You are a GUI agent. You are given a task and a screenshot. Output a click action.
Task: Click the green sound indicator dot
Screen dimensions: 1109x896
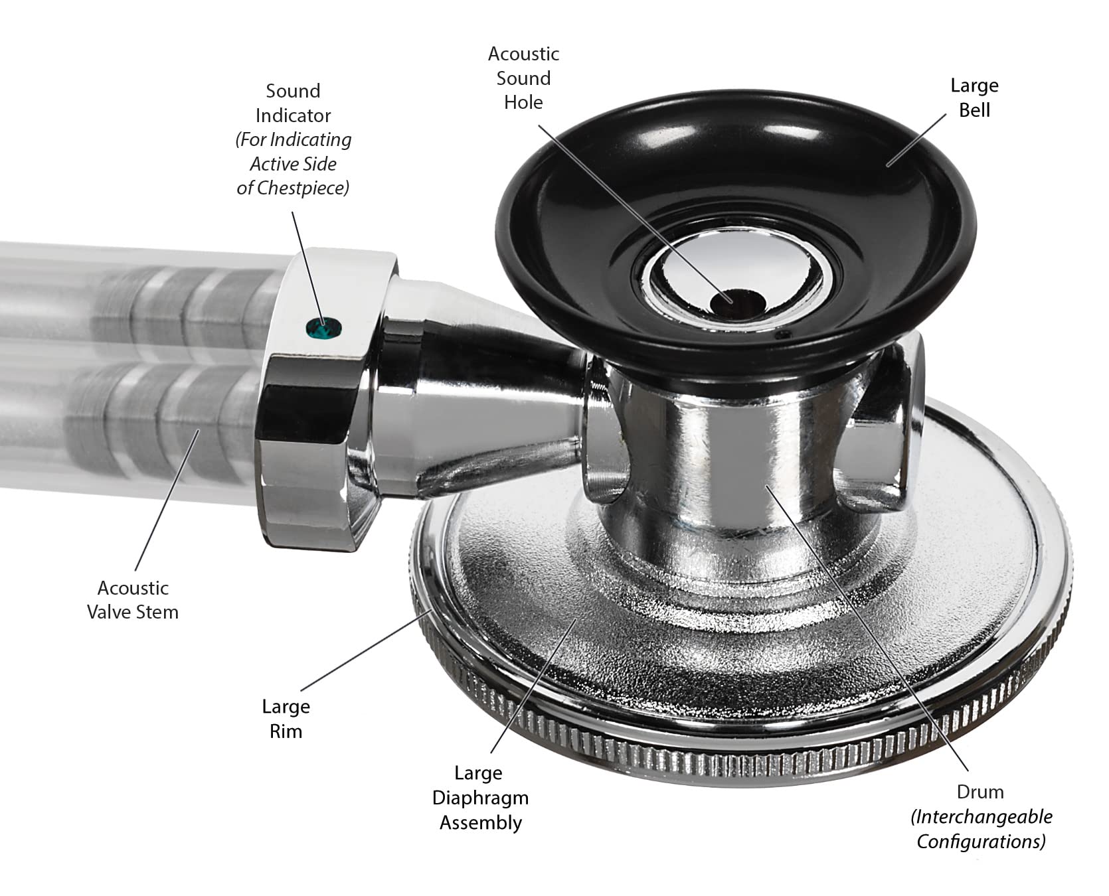coord(323,327)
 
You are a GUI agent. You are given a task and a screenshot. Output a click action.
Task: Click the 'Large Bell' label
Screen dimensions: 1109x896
coord(974,98)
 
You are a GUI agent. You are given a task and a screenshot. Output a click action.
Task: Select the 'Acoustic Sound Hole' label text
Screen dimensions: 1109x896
coord(523,78)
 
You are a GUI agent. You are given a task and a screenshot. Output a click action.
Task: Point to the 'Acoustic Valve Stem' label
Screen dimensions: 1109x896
coord(133,599)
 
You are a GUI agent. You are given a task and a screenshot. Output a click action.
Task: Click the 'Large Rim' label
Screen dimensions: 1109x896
coord(286,719)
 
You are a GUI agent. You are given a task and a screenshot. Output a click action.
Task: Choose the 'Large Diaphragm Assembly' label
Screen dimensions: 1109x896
coord(480,798)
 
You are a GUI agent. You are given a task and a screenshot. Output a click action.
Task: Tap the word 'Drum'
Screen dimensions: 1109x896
coord(980,792)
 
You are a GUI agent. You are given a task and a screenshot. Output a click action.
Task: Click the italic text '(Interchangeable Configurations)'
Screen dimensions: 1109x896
coord(981,829)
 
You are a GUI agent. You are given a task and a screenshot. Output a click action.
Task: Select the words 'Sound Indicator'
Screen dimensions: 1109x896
coord(293,103)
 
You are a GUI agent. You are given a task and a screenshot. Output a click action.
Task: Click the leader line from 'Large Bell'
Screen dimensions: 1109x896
coord(916,139)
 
